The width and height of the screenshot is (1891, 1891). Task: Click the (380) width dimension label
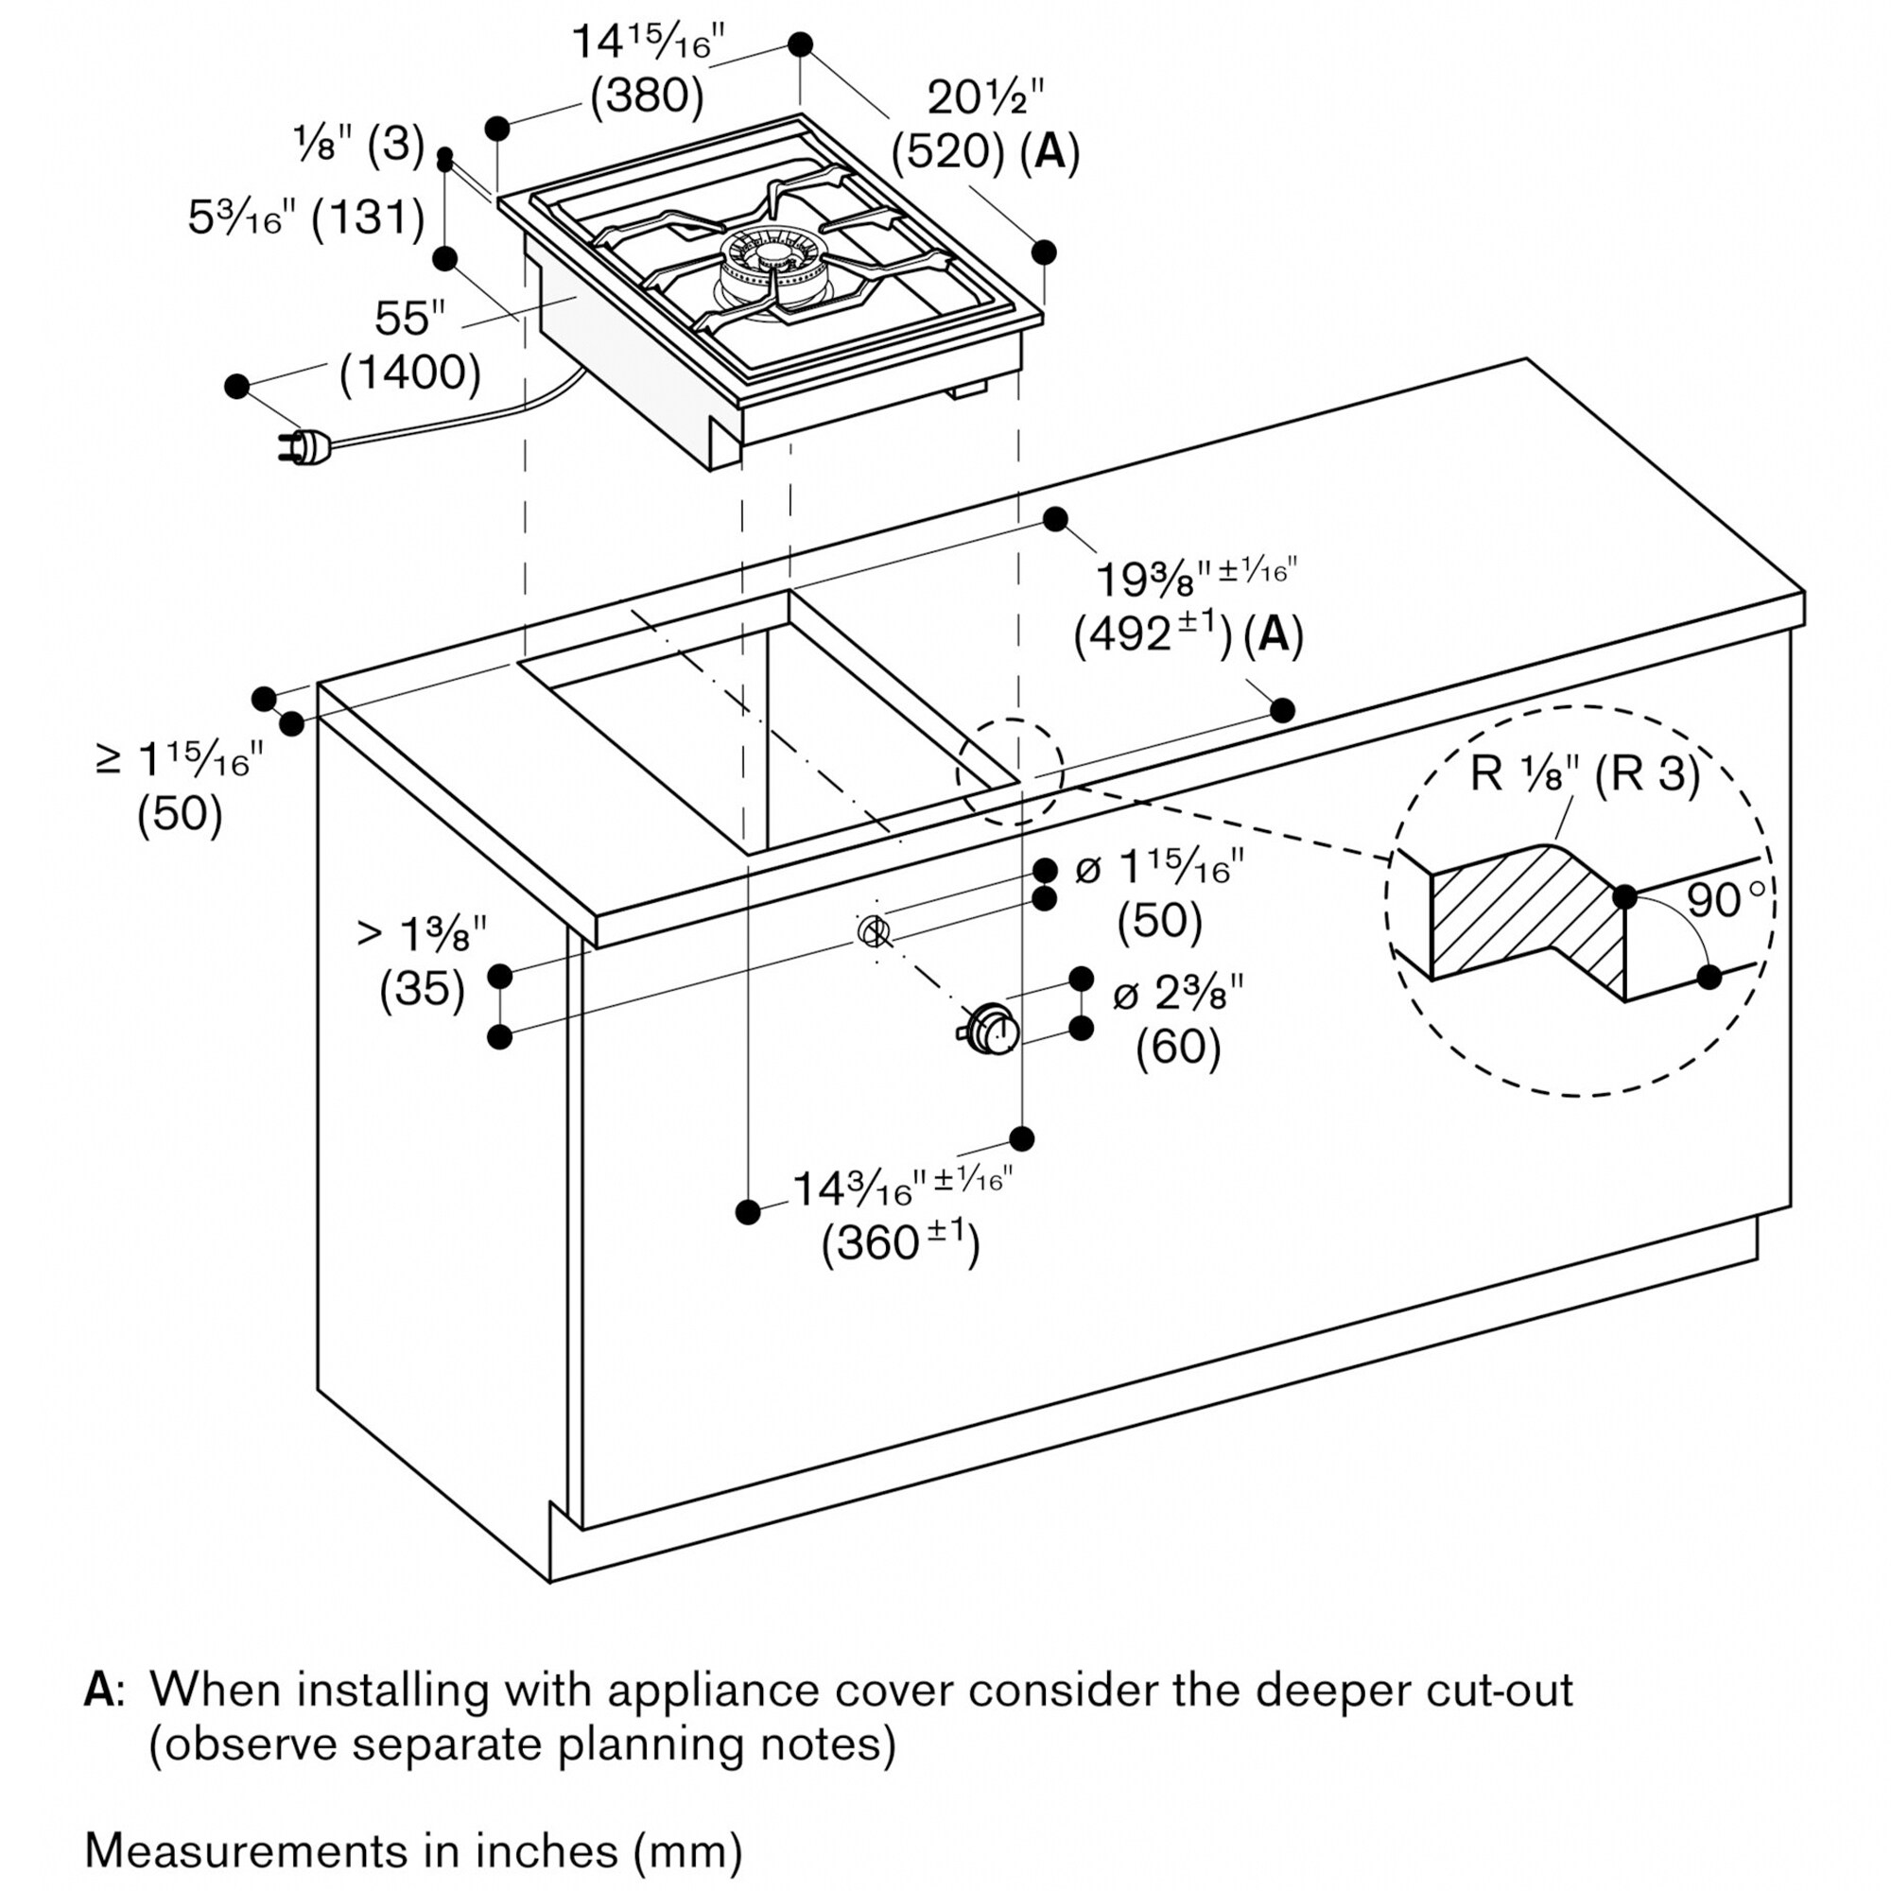coord(647,96)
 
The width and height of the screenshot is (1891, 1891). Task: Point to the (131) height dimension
coord(368,217)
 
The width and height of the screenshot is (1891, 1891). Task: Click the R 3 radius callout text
coord(1648,774)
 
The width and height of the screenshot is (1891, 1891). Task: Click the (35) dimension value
coord(422,989)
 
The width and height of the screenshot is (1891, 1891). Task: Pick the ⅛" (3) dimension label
coord(358,146)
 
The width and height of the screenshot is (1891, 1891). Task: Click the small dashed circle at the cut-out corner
coord(1009,771)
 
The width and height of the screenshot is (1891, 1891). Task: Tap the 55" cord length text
coord(409,318)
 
